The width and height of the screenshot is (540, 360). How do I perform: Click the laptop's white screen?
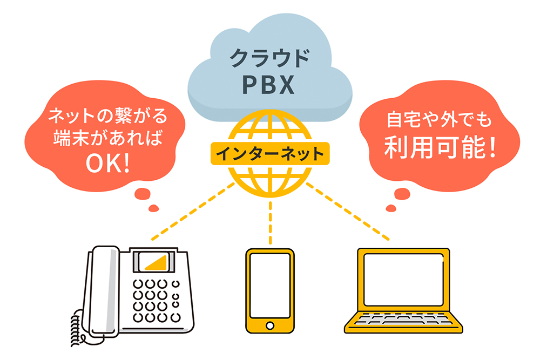click(x=404, y=283)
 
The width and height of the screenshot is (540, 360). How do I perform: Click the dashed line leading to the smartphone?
click(x=270, y=221)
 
